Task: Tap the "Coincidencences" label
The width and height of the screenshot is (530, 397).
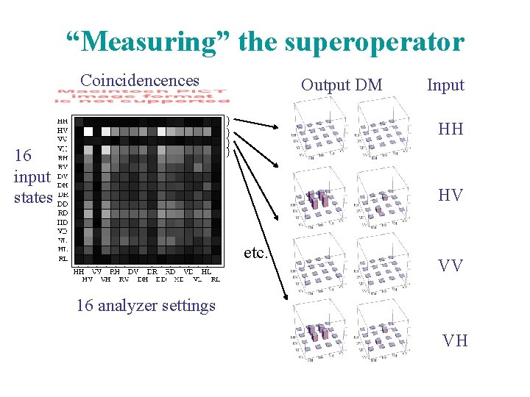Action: click(140, 79)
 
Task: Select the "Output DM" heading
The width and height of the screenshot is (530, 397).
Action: click(342, 85)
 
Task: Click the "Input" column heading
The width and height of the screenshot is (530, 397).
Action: click(445, 85)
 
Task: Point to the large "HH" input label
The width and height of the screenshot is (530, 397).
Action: click(451, 129)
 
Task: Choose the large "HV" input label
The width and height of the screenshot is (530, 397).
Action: click(451, 196)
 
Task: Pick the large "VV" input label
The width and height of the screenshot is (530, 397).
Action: click(451, 265)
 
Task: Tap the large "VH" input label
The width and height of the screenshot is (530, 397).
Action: click(455, 340)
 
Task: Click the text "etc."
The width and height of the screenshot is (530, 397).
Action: click(255, 253)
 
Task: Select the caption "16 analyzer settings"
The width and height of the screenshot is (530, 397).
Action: click(146, 305)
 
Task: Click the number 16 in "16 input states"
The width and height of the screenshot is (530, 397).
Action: click(23, 156)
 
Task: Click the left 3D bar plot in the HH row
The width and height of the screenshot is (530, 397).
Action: click(321, 129)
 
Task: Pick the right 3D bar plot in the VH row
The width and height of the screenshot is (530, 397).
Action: click(384, 335)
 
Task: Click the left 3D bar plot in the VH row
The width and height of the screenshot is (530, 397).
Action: click(321, 335)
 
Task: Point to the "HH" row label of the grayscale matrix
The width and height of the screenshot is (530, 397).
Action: click(63, 121)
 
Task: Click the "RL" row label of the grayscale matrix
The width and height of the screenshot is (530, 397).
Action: click(63, 259)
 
